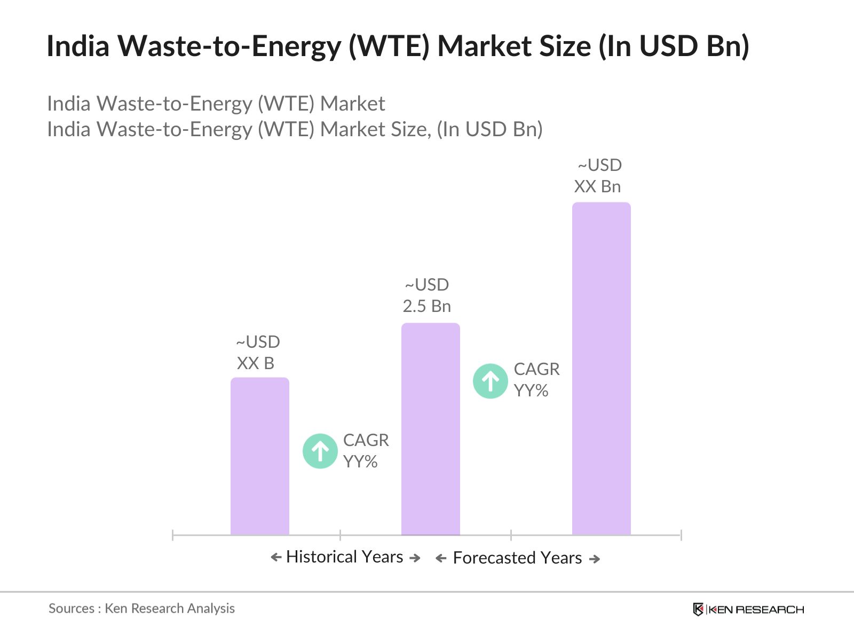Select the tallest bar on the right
click(601, 369)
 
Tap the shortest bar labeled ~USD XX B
click(259, 456)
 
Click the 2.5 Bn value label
click(426, 306)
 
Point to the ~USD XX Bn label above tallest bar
click(598, 176)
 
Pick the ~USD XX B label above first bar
click(257, 353)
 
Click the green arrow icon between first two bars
click(320, 451)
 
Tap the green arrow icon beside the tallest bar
click(490, 381)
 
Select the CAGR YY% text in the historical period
click(366, 451)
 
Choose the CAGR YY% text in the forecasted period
click(536, 380)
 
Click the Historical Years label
click(344, 557)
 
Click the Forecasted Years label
click(517, 558)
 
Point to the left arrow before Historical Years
click(276, 558)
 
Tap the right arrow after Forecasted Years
click(595, 559)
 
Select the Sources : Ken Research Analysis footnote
click(141, 608)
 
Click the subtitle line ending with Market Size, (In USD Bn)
click(295, 129)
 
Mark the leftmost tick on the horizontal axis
click(173, 535)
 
